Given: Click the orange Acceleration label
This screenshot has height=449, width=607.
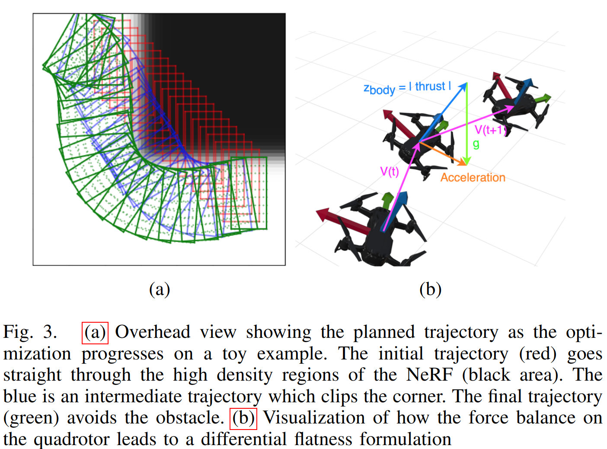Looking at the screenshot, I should (x=473, y=177).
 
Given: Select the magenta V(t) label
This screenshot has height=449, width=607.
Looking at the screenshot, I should (x=389, y=172).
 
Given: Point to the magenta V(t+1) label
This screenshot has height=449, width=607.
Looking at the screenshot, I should (x=490, y=130).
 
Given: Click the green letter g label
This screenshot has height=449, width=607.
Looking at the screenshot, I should (x=476, y=144).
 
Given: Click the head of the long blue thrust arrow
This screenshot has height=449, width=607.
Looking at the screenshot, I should (x=464, y=86).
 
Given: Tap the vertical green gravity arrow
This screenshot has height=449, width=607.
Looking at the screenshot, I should (x=466, y=125).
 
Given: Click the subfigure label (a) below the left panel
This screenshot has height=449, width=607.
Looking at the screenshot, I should (x=160, y=289).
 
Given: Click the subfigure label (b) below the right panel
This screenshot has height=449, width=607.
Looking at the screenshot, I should (x=430, y=289).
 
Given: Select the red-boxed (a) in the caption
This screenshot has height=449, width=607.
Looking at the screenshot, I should (x=95, y=332).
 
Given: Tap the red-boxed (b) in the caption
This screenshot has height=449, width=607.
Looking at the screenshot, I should (x=243, y=418).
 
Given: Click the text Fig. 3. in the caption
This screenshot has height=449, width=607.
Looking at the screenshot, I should (x=30, y=332).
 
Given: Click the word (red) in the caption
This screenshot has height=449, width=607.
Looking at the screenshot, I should (x=538, y=354).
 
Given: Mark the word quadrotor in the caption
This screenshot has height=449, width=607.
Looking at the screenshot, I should (x=96, y=439).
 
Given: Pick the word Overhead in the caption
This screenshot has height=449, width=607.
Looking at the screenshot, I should (x=153, y=332).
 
